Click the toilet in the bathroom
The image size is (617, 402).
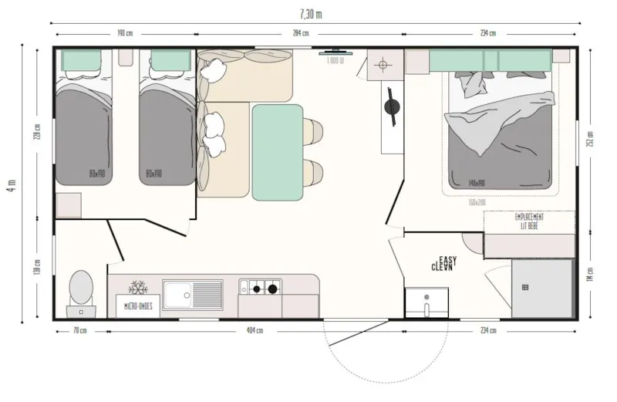[x=80, y=289]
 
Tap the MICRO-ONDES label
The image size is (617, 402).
[x=138, y=306]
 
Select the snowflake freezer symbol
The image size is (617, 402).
[x=138, y=288]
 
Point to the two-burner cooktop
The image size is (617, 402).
[x=260, y=289]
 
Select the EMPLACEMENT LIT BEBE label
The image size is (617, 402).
[x=529, y=221]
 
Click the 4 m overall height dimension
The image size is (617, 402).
[x=10, y=186]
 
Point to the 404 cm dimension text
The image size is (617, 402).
[x=254, y=331]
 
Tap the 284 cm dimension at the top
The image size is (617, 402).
[x=300, y=33]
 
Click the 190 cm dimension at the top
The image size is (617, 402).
[x=125, y=33]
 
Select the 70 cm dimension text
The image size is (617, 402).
[x=79, y=331]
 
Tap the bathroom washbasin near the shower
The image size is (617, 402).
[x=426, y=302]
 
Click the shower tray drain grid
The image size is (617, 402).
[x=525, y=288]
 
